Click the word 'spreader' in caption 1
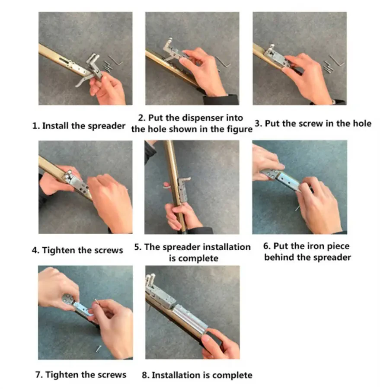coord(106,126)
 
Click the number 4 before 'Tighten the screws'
coord(35,250)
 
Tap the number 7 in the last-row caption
coord(38,375)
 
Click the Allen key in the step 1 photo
coord(115,60)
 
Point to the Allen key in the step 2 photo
coord(224,62)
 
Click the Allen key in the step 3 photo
coord(337,61)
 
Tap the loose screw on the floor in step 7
coord(98,349)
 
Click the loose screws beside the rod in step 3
coord(328,67)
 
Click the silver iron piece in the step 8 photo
coord(190,318)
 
